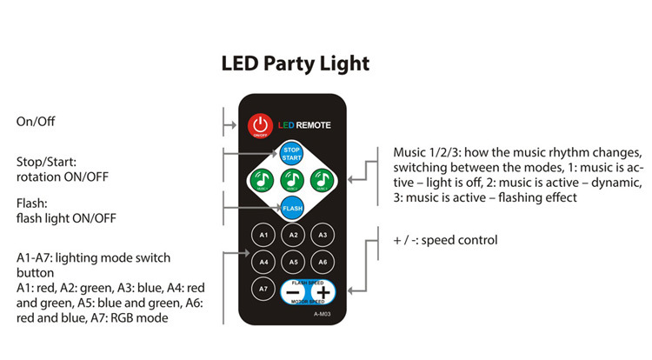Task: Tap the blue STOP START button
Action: [292, 154]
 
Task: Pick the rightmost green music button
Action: [323, 181]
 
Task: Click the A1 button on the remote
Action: [263, 235]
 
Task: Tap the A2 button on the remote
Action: [293, 235]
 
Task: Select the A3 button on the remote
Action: [323, 235]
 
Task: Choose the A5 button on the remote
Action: [293, 261]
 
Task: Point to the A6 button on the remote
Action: [323, 261]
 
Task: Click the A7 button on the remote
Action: [263, 288]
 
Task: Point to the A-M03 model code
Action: [323, 313]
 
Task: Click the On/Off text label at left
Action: [36, 121]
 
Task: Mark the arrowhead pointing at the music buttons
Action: [349, 181]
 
